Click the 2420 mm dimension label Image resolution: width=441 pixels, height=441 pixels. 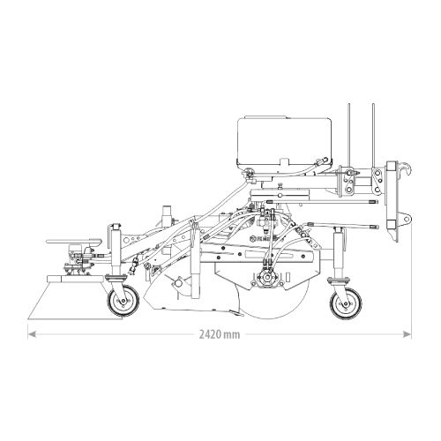(x=220, y=334)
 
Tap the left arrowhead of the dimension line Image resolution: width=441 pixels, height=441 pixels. (x=32, y=334)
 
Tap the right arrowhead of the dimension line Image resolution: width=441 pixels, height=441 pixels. (x=407, y=334)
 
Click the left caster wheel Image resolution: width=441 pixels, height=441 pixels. (x=123, y=300)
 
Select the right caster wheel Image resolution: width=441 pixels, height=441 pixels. (x=346, y=303)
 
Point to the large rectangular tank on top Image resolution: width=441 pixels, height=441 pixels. (x=285, y=141)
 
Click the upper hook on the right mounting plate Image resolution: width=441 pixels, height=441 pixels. (x=406, y=169)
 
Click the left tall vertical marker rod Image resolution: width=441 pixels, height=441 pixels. (x=349, y=135)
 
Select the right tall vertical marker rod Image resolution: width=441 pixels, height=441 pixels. (x=373, y=135)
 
